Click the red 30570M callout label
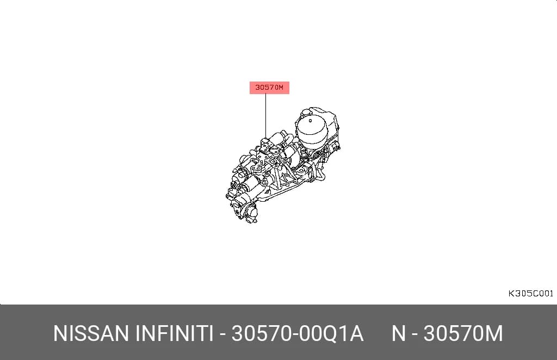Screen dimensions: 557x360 [x=269, y=88]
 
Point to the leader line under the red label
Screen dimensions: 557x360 [x=265, y=116]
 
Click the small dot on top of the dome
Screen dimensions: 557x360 [x=310, y=121]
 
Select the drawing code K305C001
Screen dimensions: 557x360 [x=531, y=294]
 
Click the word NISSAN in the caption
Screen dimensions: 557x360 [x=91, y=333]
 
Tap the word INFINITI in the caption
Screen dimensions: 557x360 [x=174, y=333]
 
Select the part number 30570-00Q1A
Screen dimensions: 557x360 [x=298, y=333]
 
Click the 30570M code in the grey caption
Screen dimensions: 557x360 [x=463, y=333]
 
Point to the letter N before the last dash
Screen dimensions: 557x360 [x=399, y=333]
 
